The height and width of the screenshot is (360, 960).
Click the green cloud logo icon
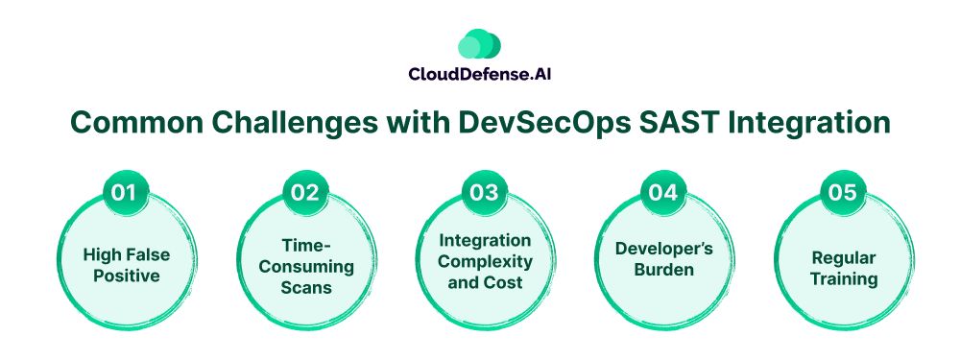click(x=479, y=44)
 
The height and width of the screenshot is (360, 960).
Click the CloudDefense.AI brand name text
click(x=479, y=75)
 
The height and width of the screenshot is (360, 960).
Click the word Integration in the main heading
click(x=797, y=123)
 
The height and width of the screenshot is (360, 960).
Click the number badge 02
click(x=305, y=193)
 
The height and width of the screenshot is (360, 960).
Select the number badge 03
click(x=484, y=193)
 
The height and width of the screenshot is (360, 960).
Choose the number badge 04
click(x=663, y=193)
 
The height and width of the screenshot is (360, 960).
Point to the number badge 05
click(x=843, y=193)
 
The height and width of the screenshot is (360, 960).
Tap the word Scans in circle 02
click(x=306, y=287)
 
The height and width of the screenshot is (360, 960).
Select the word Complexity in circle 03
click(x=486, y=261)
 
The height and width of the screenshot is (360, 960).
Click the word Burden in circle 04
click(x=664, y=270)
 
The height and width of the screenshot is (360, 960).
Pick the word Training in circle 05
click(x=844, y=279)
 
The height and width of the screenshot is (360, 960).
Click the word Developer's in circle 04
click(x=664, y=249)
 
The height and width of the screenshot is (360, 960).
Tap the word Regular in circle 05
click(x=843, y=257)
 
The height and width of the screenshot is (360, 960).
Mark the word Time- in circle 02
click(x=306, y=245)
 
